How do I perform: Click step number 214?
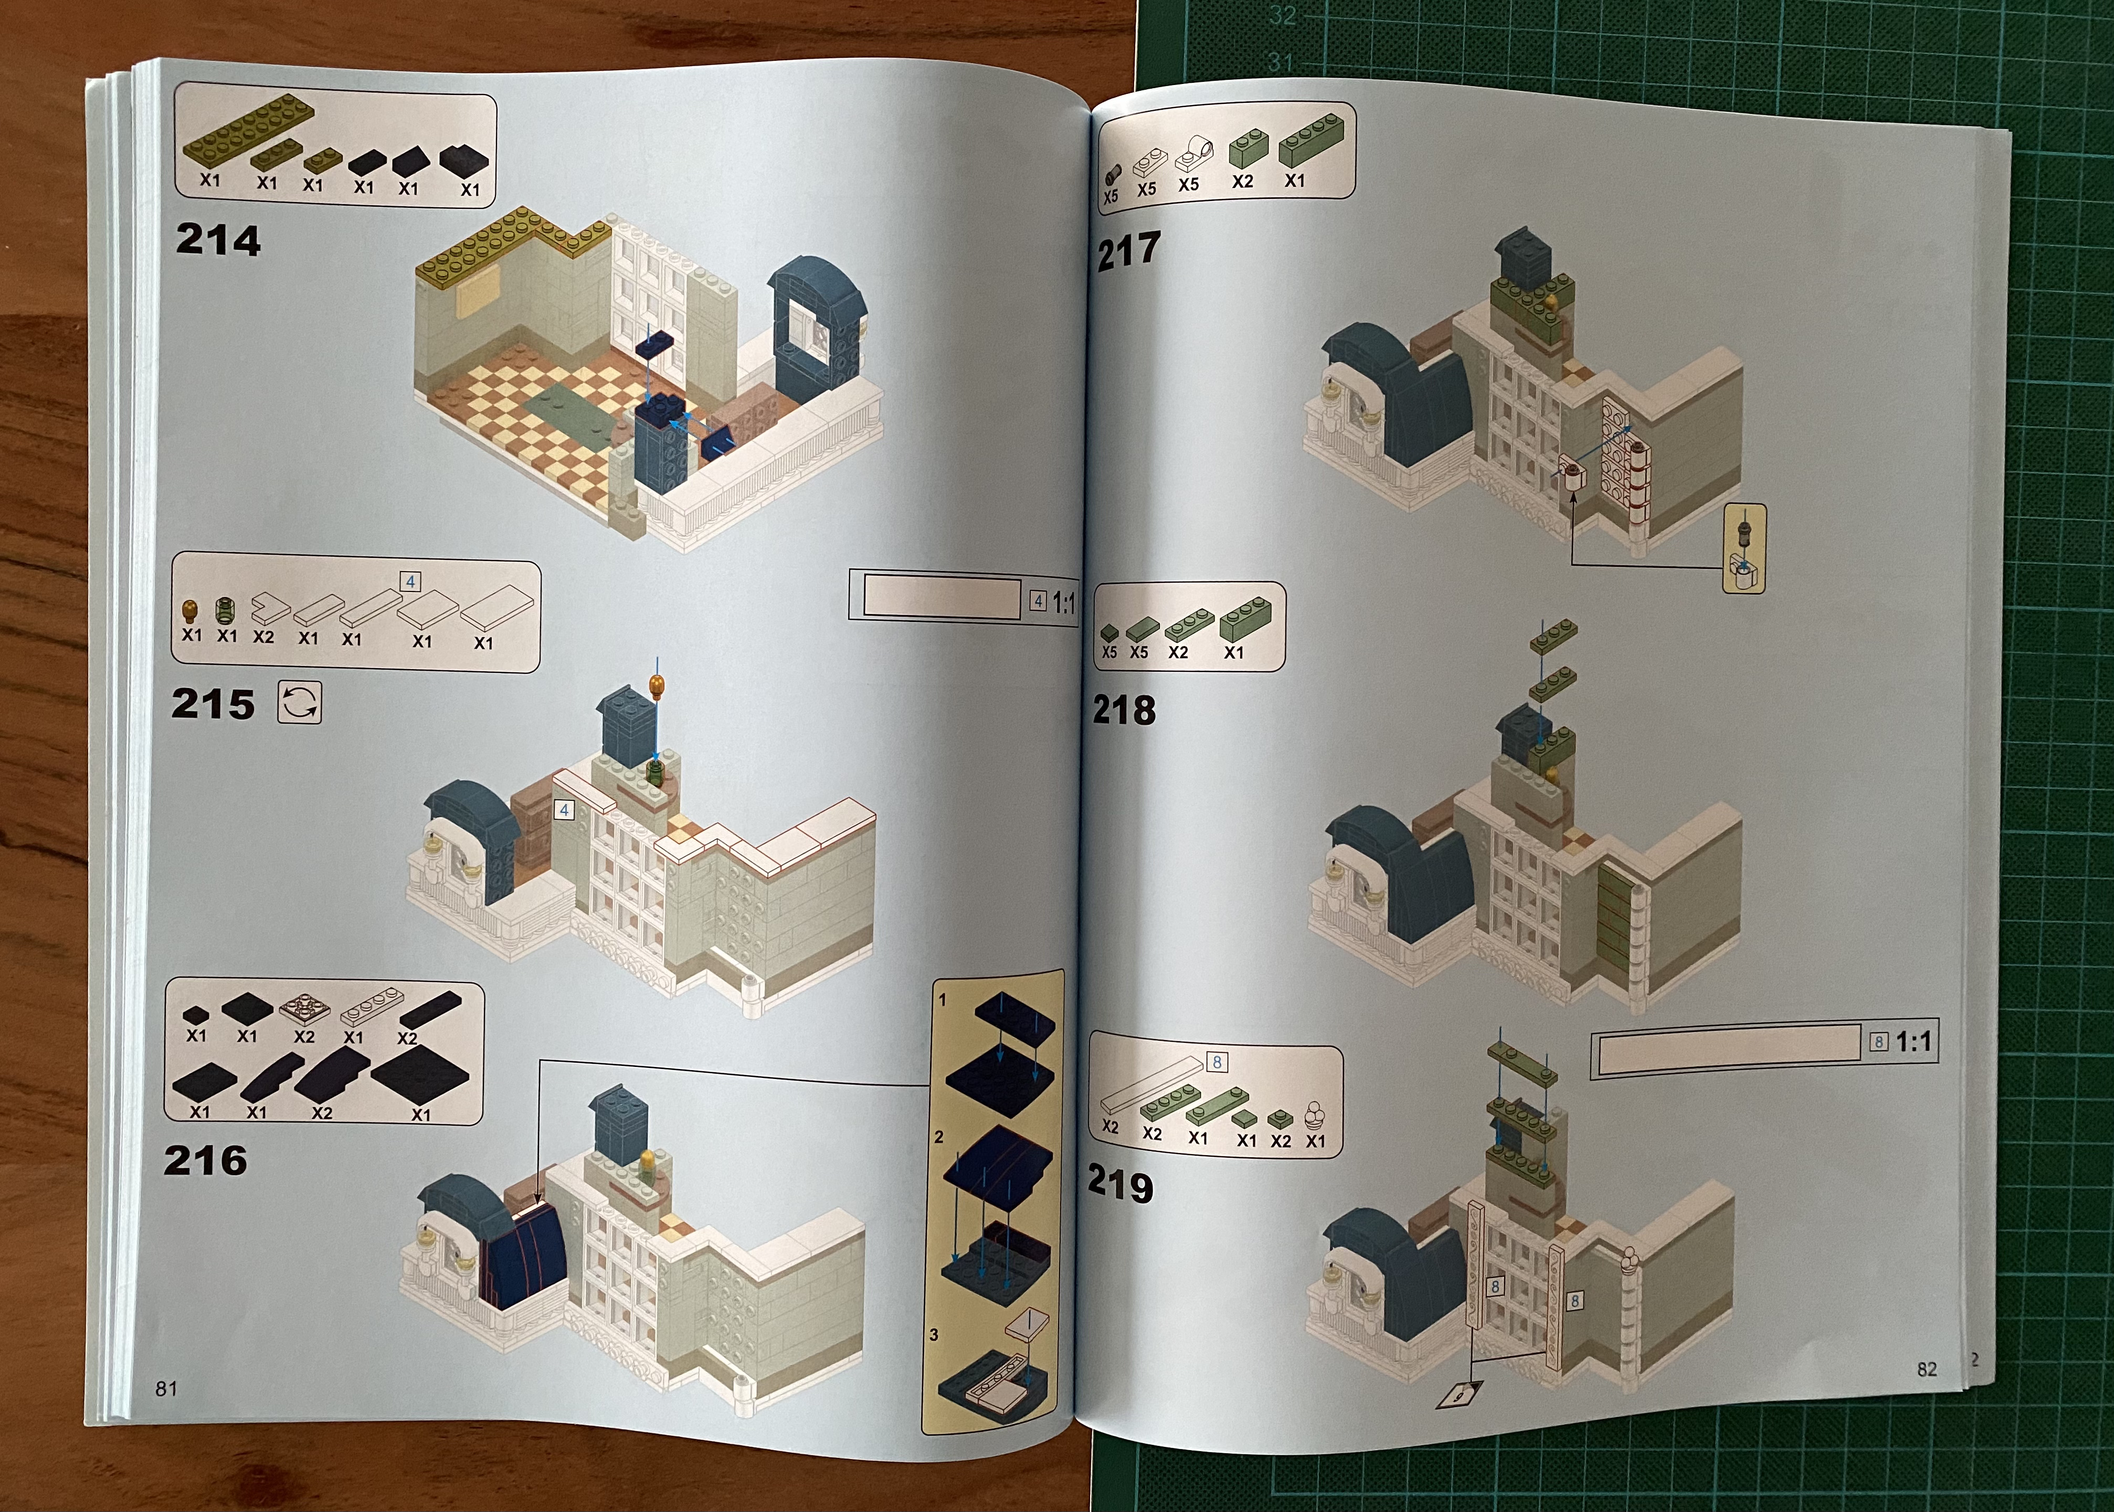coord(218,240)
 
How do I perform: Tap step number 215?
coord(213,704)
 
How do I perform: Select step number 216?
coord(206,1160)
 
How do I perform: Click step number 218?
coord(1125,711)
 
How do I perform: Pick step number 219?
coord(1121,1185)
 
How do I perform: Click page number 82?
coord(1927,1369)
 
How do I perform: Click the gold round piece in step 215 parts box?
coord(191,611)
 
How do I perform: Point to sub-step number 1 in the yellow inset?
coord(942,1000)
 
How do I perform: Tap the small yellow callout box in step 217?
coord(1745,549)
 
